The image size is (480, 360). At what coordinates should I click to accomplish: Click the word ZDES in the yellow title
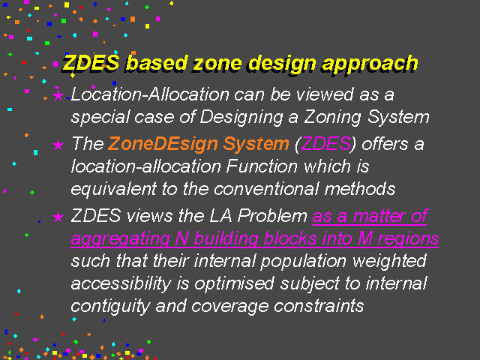coord(91,63)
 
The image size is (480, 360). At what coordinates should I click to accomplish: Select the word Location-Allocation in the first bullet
coord(150,94)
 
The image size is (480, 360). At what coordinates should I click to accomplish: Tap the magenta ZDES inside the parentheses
coord(325,143)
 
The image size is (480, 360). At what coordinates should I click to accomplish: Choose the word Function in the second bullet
coord(262,166)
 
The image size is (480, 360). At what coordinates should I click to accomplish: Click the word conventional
coord(266,189)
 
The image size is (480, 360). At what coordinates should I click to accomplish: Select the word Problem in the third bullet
coord(272,216)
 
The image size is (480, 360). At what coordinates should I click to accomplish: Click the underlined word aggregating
coord(120,239)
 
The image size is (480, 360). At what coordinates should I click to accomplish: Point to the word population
coord(303,262)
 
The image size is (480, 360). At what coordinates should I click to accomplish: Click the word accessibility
coord(121,284)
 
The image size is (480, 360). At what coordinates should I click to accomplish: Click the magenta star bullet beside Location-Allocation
coord(58,95)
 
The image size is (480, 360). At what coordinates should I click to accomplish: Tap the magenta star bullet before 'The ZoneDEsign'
coord(58,145)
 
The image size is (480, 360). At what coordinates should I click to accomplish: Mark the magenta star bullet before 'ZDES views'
coord(58,217)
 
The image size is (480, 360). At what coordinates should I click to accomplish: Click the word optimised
coord(234,284)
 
